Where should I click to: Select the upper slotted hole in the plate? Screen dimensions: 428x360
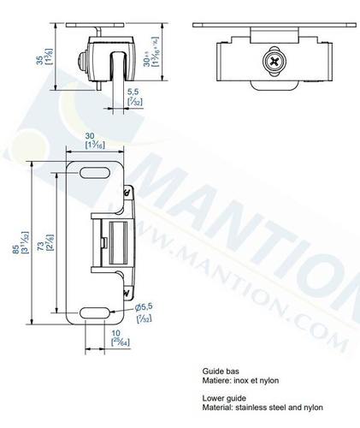tap(90, 174)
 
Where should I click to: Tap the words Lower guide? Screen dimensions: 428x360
tap(224, 398)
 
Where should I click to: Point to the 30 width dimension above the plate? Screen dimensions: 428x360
tap(97, 134)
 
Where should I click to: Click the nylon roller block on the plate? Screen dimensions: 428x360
tap(113, 241)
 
